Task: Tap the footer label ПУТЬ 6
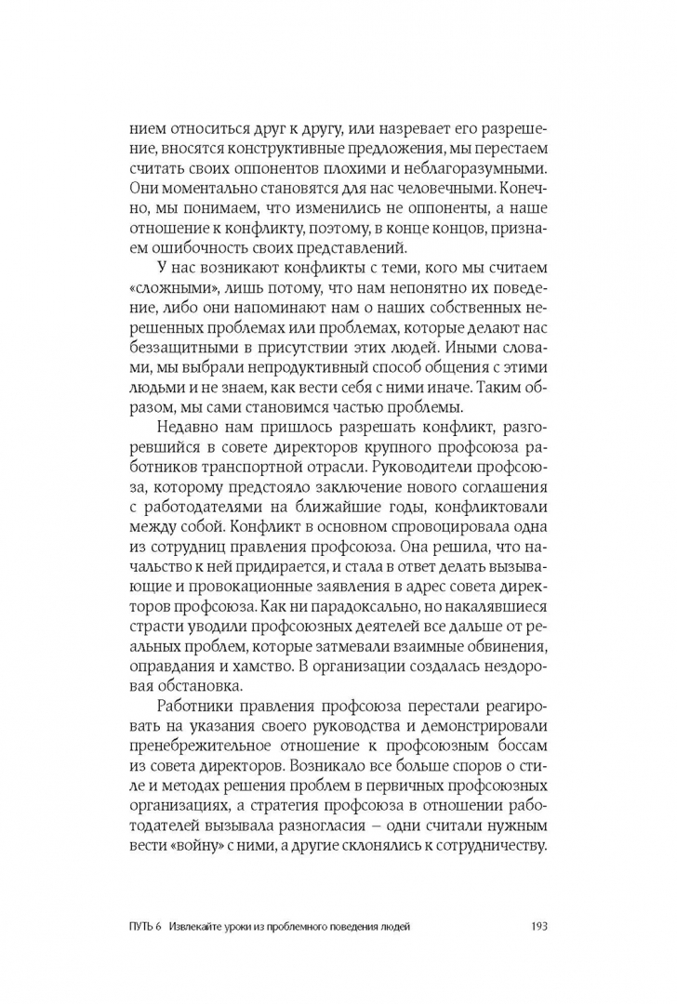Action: [150, 925]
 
